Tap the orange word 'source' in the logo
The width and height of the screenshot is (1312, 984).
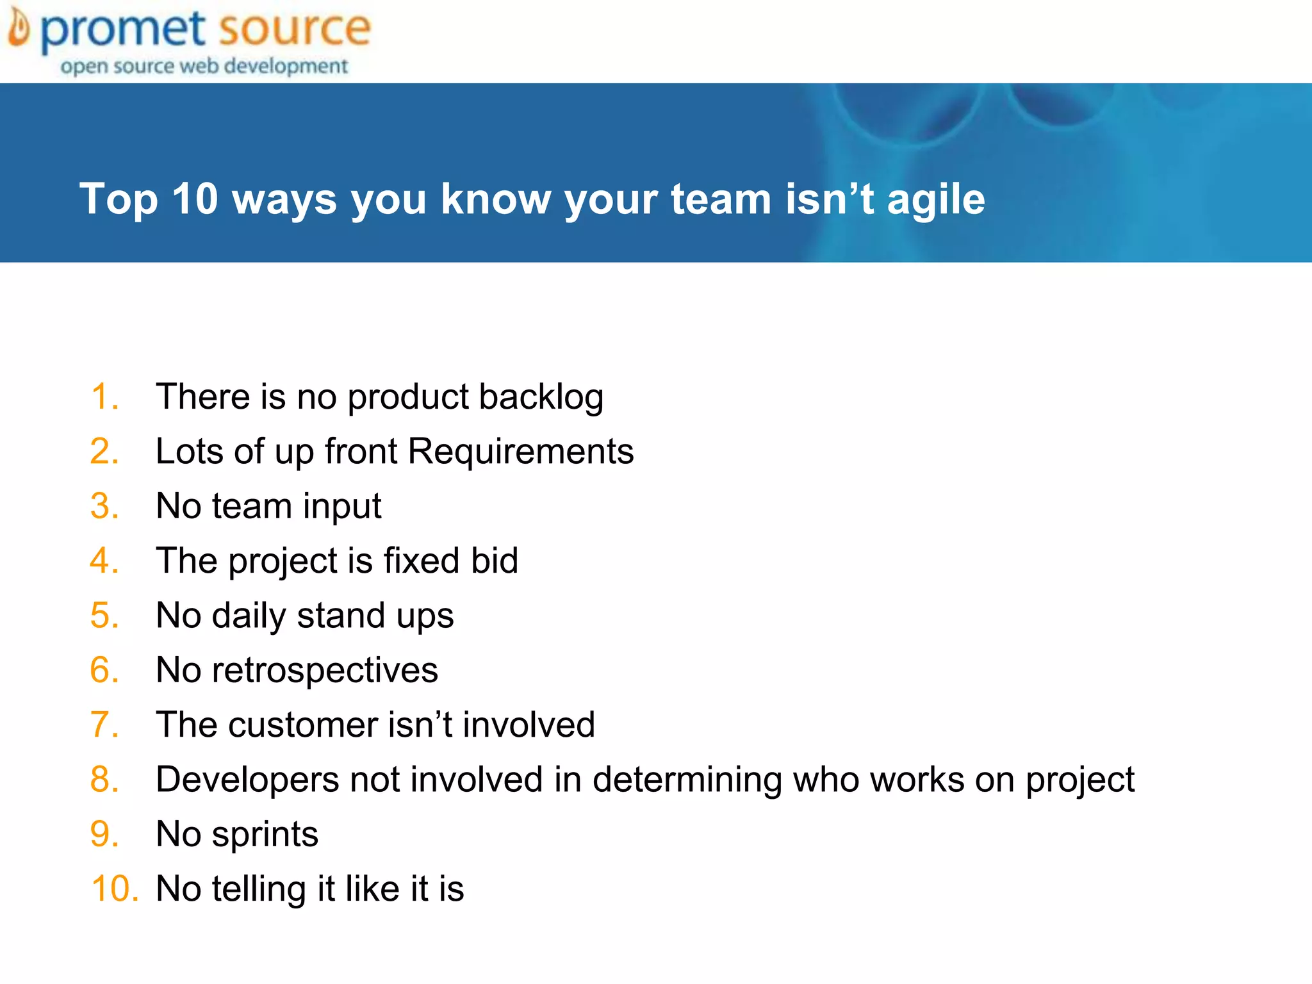coord(294,29)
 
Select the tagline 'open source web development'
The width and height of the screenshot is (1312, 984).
coord(204,66)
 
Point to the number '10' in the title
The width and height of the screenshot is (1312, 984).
coord(195,199)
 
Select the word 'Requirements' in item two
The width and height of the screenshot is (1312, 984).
coord(520,452)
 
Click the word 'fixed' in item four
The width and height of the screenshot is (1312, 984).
coord(422,561)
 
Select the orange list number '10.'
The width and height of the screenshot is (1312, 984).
coord(114,889)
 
